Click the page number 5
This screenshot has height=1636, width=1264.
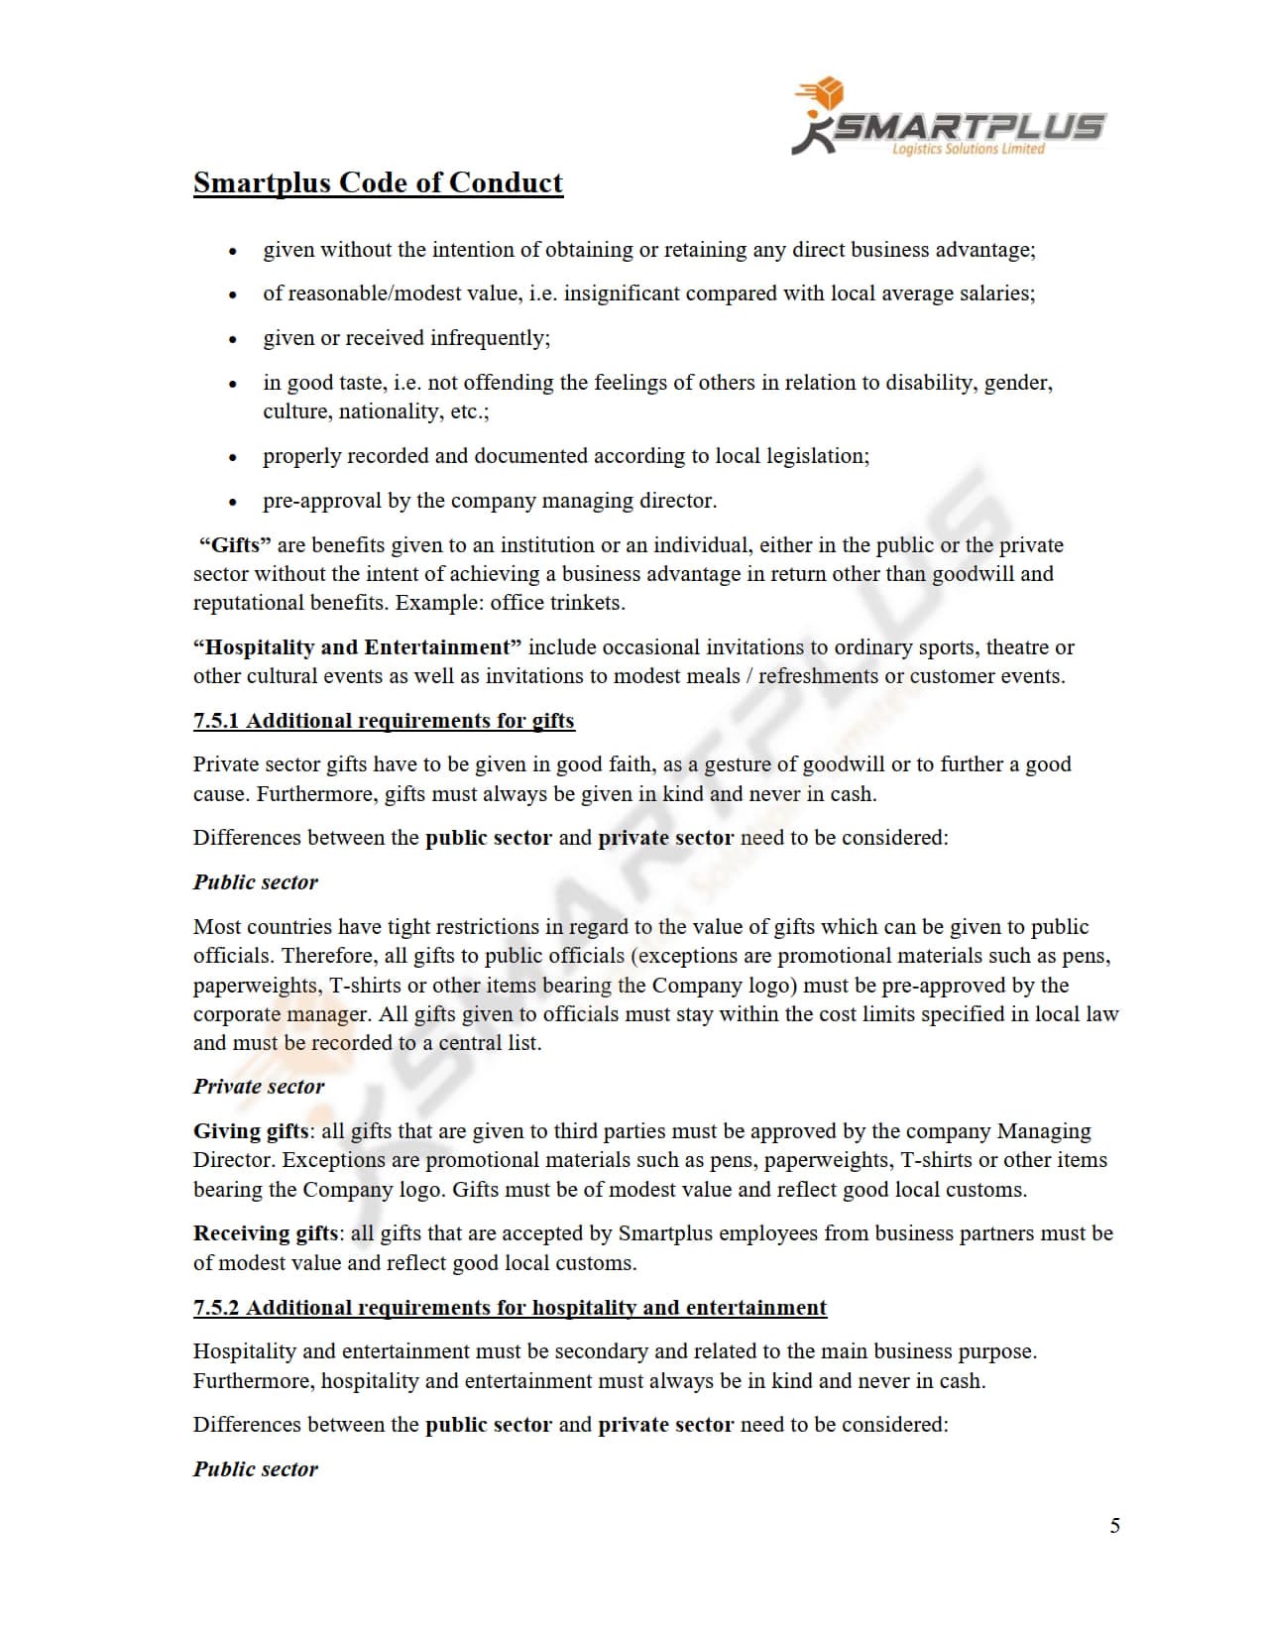click(x=1114, y=1525)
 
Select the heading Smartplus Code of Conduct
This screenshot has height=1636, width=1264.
click(x=378, y=182)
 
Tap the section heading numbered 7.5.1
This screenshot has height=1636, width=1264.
click(x=384, y=721)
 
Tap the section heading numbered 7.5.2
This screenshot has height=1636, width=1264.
click(x=510, y=1307)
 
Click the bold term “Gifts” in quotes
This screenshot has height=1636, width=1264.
click(x=235, y=545)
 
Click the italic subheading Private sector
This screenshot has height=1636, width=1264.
click(x=259, y=1087)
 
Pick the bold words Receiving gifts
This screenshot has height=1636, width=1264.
click(x=266, y=1233)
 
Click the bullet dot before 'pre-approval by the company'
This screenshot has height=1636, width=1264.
click(x=233, y=503)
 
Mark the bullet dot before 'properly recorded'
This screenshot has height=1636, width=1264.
click(x=233, y=458)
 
